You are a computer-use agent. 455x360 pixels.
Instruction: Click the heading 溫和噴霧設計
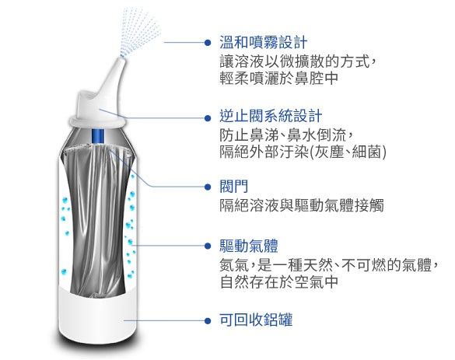coord(263,42)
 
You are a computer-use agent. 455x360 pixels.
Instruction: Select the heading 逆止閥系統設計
coord(271,117)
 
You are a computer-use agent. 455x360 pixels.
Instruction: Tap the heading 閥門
coord(233,187)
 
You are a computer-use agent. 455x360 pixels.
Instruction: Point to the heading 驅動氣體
coord(248,246)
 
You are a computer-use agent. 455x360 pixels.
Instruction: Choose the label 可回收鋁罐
coord(256,320)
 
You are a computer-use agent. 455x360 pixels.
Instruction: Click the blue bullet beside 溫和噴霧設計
coord(208,43)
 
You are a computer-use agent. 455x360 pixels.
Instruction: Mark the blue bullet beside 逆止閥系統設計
coord(208,118)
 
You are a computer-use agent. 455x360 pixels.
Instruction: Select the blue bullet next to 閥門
coord(208,187)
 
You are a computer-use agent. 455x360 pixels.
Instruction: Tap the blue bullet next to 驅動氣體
coord(208,246)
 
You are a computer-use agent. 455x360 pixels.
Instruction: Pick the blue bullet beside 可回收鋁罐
coord(208,320)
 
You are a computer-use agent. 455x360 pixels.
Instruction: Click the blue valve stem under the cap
coord(97,136)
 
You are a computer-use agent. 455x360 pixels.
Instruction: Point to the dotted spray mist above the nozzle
coord(139,30)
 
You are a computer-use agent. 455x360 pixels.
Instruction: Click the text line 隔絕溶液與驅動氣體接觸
coord(302,205)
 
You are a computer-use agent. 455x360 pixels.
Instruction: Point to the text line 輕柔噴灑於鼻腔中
coord(279,78)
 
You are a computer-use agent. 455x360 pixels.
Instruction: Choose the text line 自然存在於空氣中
coord(279,281)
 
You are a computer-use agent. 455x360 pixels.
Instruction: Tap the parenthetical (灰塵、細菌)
coord(348,152)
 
